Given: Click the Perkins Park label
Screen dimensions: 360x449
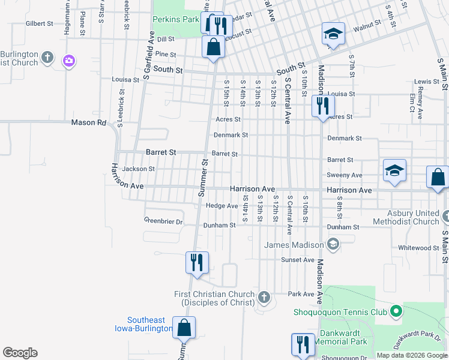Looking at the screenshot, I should tap(175, 19).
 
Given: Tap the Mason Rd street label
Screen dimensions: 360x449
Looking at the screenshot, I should tap(88, 122).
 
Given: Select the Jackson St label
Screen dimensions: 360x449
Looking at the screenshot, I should tap(138, 169).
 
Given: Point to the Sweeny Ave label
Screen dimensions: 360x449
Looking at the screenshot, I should tap(344, 175).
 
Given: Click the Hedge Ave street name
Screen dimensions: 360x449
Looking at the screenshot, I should tap(222, 206).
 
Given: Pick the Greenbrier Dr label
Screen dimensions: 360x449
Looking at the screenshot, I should tap(163, 220).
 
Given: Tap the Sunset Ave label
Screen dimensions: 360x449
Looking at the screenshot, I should tap(298, 260).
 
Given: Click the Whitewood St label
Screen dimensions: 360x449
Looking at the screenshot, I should tap(419, 248).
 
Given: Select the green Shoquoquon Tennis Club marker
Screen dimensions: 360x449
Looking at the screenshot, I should tap(395, 311).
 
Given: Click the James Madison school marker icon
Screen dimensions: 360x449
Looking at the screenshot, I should tap(333, 244).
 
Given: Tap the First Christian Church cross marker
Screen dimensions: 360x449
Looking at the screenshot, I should tap(264, 297).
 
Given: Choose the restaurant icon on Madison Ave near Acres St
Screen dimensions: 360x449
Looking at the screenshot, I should tap(323, 107).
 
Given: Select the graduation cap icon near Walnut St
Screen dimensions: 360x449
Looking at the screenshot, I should tap(333, 34).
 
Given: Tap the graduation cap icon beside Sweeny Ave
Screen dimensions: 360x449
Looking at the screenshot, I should tap(394, 171).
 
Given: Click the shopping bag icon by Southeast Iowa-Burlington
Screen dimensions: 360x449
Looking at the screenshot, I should tap(184, 328).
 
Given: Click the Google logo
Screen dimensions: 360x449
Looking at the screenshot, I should tap(20, 353).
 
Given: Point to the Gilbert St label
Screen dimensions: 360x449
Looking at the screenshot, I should tap(40, 23).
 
